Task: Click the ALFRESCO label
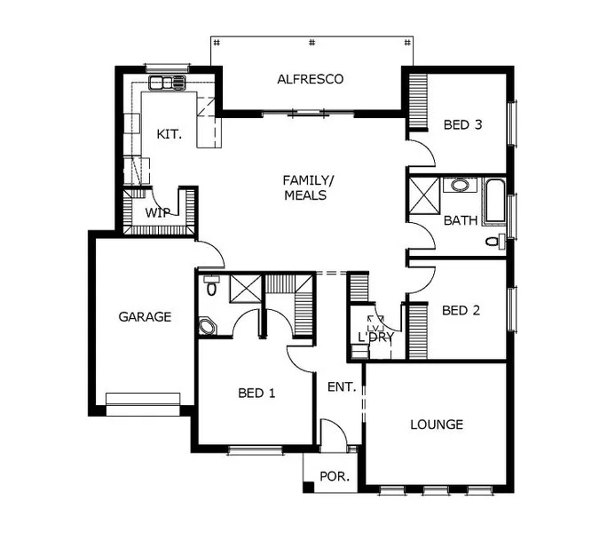coord(310,79)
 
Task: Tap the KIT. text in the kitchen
coord(169,134)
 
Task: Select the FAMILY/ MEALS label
coord(304,187)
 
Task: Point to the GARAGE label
coord(145,316)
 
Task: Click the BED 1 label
coord(256,393)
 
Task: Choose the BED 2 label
coord(461,310)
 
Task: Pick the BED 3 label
coord(462,125)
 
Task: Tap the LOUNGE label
coord(437,425)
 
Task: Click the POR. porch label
coord(334,476)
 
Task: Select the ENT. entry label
coord(341,387)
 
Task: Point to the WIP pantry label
coord(157,212)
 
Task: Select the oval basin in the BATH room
coord(459,187)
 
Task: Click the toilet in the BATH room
coord(493,240)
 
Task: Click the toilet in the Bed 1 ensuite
coord(211,287)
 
